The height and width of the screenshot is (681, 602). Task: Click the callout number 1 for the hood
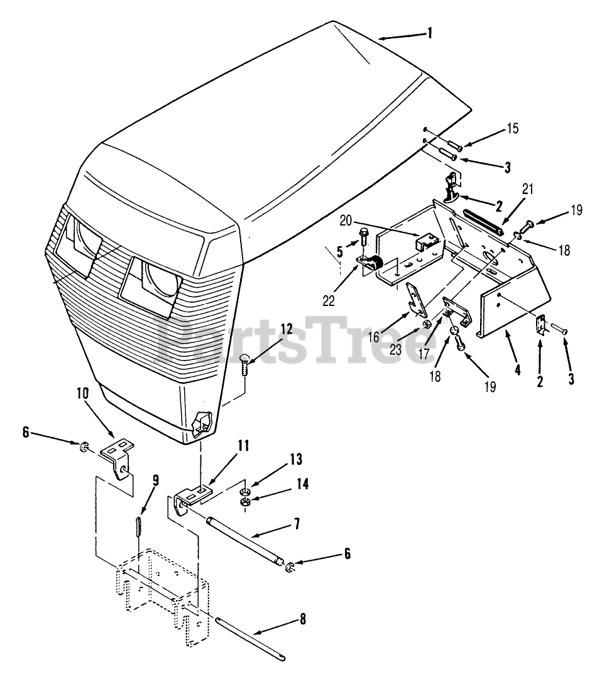click(430, 33)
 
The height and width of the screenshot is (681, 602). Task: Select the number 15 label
click(513, 129)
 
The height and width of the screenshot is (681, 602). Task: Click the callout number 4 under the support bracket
click(517, 370)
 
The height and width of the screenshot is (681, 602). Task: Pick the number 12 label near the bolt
click(287, 328)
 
